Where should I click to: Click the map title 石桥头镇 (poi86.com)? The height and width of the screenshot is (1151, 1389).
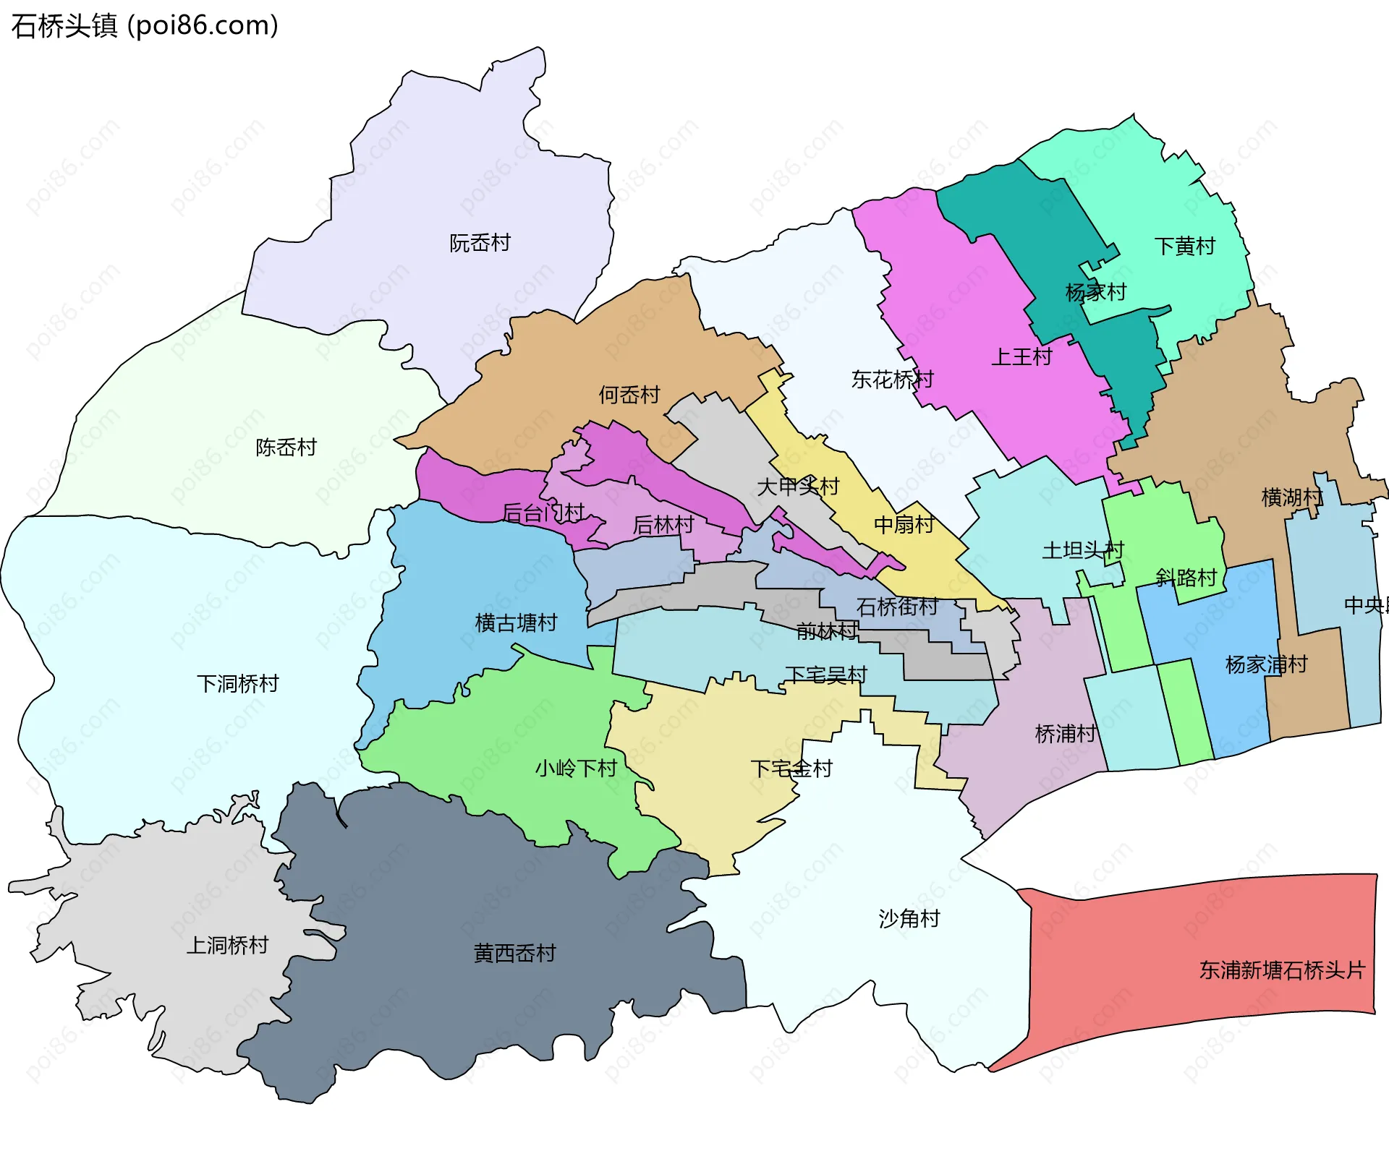point(145,25)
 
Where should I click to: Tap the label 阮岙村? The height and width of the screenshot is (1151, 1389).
point(480,243)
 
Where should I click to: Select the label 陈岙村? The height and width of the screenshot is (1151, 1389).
point(286,448)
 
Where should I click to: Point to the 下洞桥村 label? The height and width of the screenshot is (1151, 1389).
point(237,683)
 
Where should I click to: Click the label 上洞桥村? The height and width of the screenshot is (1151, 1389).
point(227,945)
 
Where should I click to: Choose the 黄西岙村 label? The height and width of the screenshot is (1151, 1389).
point(514,953)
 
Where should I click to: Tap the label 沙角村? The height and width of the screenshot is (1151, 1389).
point(909,918)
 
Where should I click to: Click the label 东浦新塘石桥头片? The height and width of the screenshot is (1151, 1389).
point(1281,970)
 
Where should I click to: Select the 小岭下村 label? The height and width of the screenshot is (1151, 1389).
point(575,768)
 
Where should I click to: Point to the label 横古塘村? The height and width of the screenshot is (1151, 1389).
point(516,622)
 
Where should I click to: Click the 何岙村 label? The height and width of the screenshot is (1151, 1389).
point(629,395)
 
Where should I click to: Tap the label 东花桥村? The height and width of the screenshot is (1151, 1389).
point(892,379)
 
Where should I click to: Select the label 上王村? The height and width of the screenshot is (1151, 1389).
point(1021,356)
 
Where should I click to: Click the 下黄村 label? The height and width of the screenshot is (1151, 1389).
point(1184,247)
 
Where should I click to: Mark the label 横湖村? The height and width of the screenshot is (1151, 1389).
point(1291,497)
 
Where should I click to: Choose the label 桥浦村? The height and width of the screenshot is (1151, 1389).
point(1066,734)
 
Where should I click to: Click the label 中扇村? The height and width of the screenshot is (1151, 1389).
point(904,524)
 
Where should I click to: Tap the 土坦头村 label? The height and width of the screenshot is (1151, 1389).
point(1082,550)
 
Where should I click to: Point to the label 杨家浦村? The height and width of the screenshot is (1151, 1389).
point(1266,664)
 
